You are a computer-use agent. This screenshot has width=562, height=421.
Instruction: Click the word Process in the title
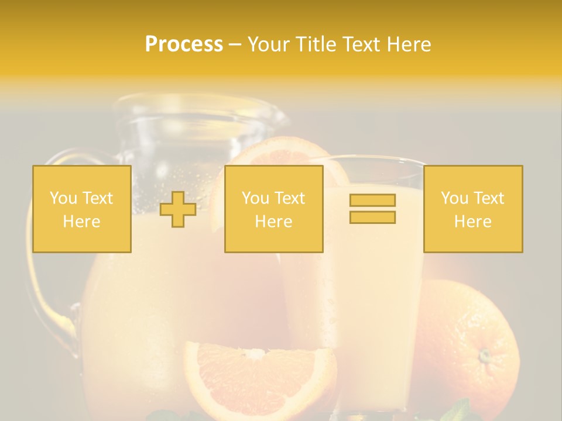coord(184,44)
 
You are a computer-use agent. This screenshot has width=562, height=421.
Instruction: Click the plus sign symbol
coord(178,209)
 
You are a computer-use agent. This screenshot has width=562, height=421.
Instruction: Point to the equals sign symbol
coord(372,209)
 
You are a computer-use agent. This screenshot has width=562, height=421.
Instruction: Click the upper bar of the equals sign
coord(372,201)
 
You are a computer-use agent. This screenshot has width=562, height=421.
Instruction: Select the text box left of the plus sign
coord(82,209)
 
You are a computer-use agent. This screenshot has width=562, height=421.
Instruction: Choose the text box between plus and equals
coord(273,209)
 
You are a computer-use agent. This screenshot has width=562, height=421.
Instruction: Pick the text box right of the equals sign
coord(473,209)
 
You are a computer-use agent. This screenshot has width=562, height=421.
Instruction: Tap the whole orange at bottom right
coord(468,351)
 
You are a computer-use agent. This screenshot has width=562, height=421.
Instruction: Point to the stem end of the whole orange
coord(484,355)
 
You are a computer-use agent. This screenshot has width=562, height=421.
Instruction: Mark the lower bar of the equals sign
coord(372,217)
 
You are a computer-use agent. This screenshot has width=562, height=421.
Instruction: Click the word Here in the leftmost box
coord(82,222)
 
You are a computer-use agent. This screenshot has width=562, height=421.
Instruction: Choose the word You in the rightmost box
coord(453,198)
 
